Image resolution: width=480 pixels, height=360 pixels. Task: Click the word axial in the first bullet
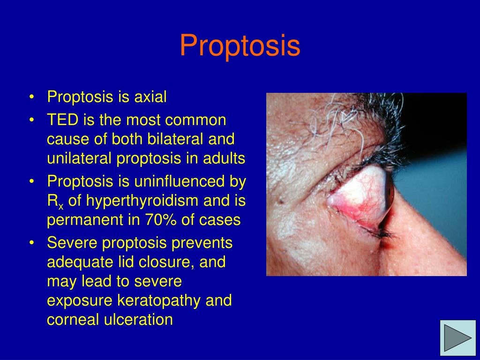(x=150, y=97)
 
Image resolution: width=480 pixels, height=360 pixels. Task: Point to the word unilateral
(x=80, y=159)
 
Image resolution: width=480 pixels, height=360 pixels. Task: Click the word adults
(x=227, y=159)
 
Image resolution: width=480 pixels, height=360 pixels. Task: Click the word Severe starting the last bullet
(x=72, y=243)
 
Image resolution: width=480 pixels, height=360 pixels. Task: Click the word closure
(x=167, y=262)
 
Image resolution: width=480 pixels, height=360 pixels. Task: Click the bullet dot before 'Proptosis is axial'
(x=31, y=97)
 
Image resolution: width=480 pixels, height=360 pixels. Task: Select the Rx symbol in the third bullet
(x=54, y=202)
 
